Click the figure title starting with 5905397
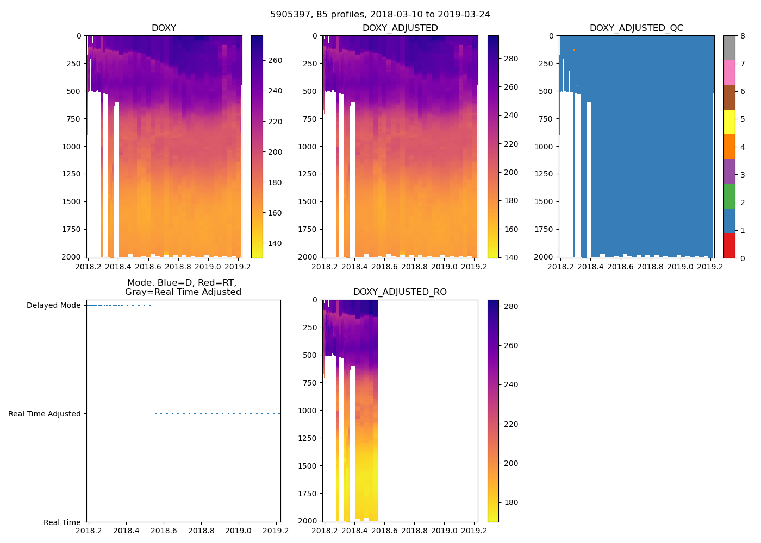coord(380,15)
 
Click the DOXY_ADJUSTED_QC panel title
coord(637,28)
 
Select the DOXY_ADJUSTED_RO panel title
coord(400,292)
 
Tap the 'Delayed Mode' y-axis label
coord(54,306)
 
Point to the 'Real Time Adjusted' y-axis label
coord(45,414)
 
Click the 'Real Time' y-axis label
coord(62,523)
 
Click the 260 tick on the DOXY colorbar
coord(275,60)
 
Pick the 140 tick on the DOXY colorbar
coord(275,243)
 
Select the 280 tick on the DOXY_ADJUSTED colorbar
coord(511,59)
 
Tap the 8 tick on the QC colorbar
coord(743,36)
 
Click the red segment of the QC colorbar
coord(729,245)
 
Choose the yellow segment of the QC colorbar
coord(729,122)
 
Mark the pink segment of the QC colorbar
coord(729,73)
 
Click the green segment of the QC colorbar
coord(729,196)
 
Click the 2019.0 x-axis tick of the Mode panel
coord(238,531)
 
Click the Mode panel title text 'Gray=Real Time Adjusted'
coord(183,292)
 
